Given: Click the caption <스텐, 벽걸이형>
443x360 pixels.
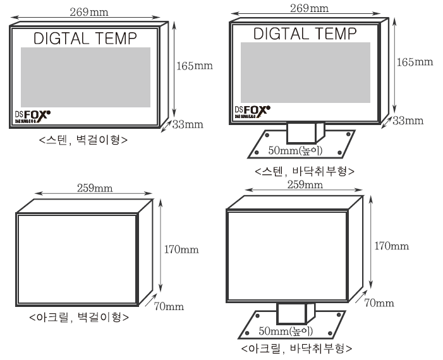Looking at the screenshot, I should click(x=83, y=140).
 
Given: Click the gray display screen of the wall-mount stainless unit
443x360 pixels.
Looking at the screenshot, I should click(x=85, y=76).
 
